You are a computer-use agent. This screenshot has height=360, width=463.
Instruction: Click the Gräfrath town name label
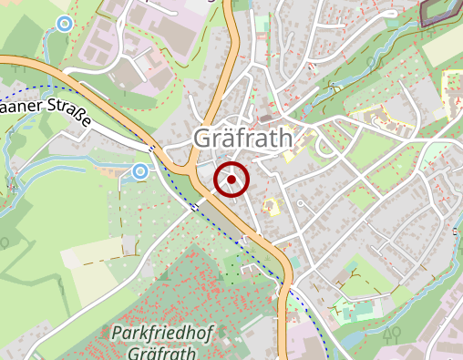click(x=243, y=139)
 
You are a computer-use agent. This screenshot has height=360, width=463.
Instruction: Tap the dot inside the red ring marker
click(x=231, y=180)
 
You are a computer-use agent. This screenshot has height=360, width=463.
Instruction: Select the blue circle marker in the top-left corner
click(x=64, y=24)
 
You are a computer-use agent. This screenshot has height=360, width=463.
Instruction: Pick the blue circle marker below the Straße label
click(x=139, y=170)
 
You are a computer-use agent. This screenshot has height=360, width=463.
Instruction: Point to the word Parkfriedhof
click(x=161, y=334)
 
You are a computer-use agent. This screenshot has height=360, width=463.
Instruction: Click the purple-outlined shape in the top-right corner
click(x=441, y=11)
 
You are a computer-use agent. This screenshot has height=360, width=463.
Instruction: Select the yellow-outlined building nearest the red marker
click(x=271, y=207)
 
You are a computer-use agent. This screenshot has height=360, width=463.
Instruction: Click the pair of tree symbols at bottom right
click(x=394, y=334)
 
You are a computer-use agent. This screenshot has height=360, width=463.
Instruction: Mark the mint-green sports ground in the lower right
click(x=357, y=311)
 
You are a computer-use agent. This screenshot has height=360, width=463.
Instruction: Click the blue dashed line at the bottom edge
click(x=325, y=346)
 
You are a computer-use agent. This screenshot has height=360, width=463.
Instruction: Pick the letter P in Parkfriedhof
click(x=116, y=334)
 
